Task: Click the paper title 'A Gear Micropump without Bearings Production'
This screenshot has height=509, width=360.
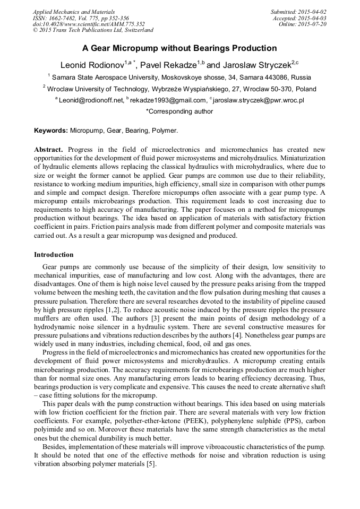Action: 179,48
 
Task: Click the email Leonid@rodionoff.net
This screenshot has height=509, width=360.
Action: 91,100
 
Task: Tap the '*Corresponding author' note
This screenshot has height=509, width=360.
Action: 179,111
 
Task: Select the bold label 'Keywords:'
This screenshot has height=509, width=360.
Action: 51,130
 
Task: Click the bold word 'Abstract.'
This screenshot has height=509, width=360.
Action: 48,150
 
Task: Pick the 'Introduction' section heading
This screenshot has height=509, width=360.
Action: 54,255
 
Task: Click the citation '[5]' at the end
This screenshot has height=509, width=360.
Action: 152,464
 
